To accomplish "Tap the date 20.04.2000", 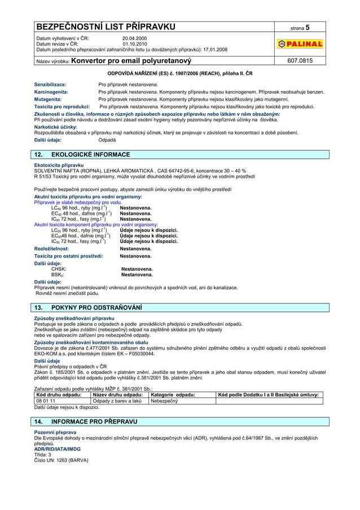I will tap(134, 38).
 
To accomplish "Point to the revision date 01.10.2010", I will tap(134, 43).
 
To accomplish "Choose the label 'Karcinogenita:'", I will tap(52, 91).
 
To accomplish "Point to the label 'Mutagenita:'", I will tap(49, 98).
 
